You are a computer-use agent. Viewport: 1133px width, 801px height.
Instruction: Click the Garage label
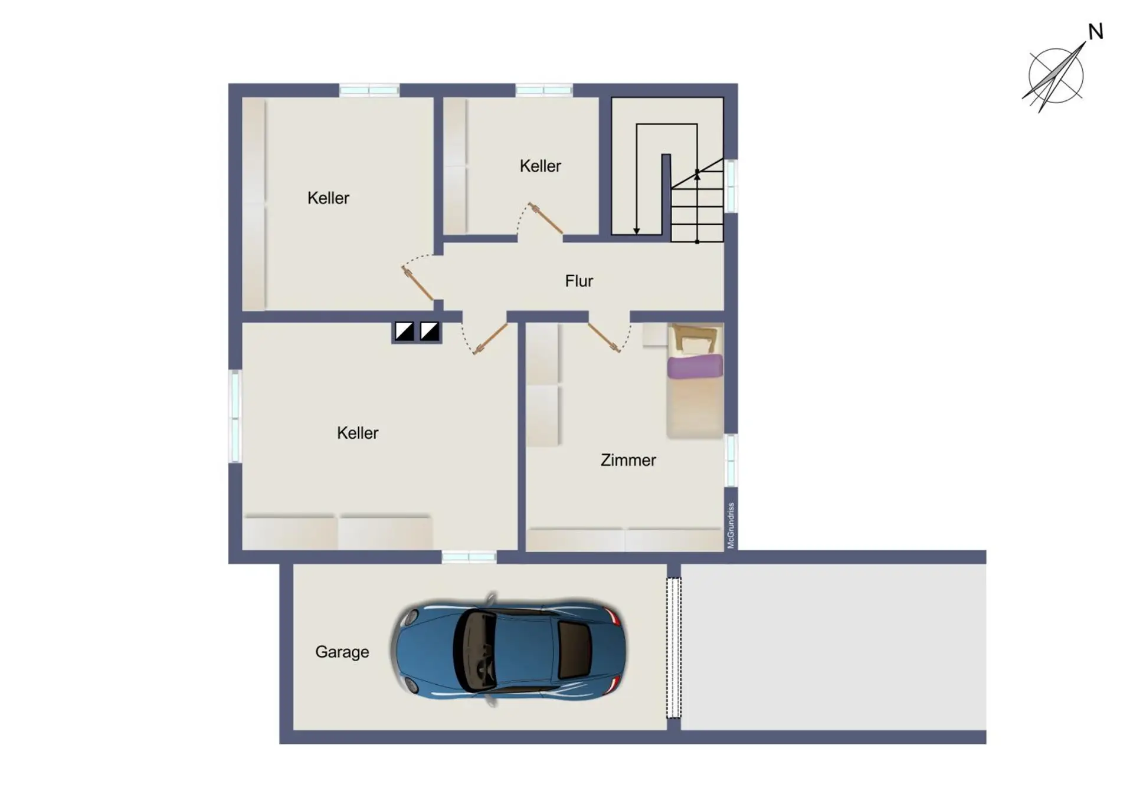pyautogui.click(x=342, y=652)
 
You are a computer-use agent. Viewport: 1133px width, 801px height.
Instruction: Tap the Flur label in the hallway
pyautogui.click(x=579, y=281)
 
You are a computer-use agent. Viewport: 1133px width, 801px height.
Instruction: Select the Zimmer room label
pyautogui.click(x=628, y=460)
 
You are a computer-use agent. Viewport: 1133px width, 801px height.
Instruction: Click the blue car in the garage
pyautogui.click(x=507, y=649)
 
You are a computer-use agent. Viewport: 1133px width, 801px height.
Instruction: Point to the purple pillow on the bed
pyautogui.click(x=695, y=366)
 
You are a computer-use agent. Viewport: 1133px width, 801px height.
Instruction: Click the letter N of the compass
pyautogui.click(x=1096, y=32)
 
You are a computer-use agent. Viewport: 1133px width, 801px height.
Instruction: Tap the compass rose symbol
pyautogui.click(x=1055, y=75)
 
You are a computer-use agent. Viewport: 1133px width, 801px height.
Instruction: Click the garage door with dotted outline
pyautogui.click(x=673, y=648)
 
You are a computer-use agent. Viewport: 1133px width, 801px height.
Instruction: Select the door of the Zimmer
pyautogui.click(x=604, y=338)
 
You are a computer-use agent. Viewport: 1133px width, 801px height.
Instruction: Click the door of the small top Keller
pyautogui.click(x=545, y=218)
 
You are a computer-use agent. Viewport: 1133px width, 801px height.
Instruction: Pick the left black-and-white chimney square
pyautogui.click(x=404, y=331)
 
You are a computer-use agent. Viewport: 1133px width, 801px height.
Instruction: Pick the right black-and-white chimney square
pyautogui.click(x=430, y=331)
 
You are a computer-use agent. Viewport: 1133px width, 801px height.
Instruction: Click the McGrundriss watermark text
pyautogui.click(x=731, y=525)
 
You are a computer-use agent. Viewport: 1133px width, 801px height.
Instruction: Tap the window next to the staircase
pyautogui.click(x=731, y=186)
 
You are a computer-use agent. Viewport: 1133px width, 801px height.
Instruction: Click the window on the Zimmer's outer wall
pyautogui.click(x=731, y=460)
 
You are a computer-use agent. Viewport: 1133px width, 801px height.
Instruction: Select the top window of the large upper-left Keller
pyautogui.click(x=369, y=90)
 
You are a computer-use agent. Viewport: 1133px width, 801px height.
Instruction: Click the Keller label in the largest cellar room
pyautogui.click(x=358, y=433)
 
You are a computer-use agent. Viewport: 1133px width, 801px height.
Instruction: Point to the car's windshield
pyautogui.click(x=474, y=649)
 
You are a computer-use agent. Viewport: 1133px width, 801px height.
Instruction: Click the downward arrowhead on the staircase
pyautogui.click(x=637, y=231)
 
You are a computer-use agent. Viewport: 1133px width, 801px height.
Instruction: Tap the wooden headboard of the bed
pyautogui.click(x=695, y=338)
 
